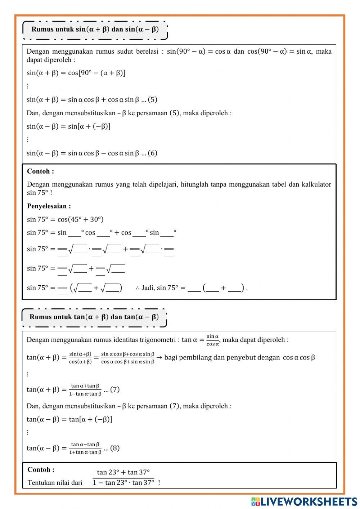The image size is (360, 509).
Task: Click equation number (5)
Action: point(152,100)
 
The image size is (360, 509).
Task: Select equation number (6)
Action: point(152,153)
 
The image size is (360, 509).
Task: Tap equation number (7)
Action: point(115,389)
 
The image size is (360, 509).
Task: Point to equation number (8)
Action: point(115,448)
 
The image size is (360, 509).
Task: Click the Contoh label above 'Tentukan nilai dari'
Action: point(41,470)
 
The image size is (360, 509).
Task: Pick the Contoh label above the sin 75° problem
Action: point(40,171)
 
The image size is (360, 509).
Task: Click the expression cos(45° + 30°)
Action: point(80,219)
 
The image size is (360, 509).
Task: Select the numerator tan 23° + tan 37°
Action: point(123,472)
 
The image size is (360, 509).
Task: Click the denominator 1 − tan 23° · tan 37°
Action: point(123,483)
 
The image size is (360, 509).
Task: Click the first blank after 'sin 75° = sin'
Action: point(75,233)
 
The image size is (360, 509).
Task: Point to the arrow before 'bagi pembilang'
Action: point(159,357)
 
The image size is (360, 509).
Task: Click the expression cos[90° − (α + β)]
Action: point(96,73)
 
